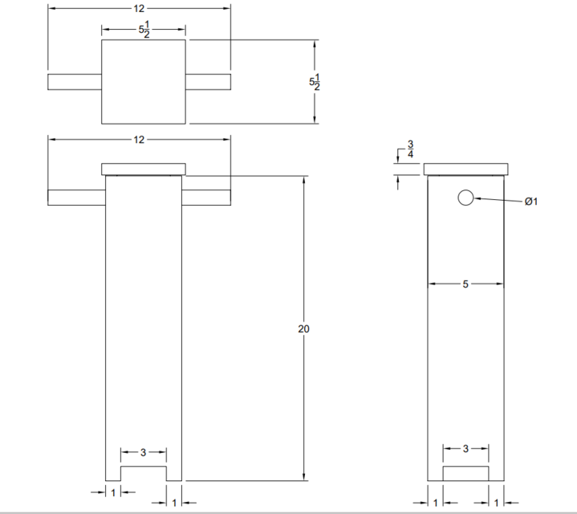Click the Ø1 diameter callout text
[x=530, y=202]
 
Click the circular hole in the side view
[x=465, y=198]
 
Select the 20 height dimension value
[x=303, y=328]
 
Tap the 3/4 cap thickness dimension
[x=411, y=149]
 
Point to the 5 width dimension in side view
[x=465, y=284]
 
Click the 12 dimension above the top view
[x=139, y=8]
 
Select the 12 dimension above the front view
[x=139, y=140]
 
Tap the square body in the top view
[x=144, y=82]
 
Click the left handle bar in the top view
[x=75, y=81]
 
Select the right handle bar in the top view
[x=209, y=81]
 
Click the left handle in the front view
[x=77, y=198]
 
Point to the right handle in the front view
[x=206, y=198]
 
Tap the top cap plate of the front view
[x=144, y=169]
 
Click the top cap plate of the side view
[x=465, y=169]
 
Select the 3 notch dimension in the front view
[x=144, y=453]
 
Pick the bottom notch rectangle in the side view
[x=465, y=473]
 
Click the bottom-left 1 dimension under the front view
[x=113, y=490]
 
